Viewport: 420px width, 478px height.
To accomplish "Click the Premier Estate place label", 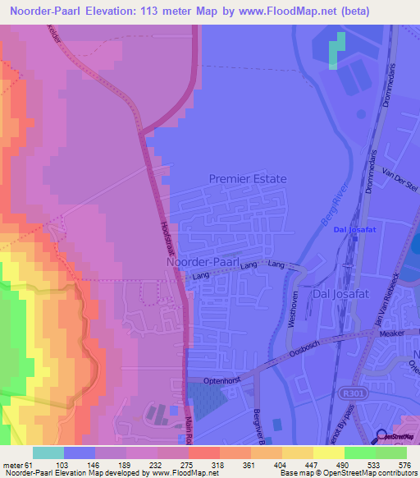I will coord(248,178).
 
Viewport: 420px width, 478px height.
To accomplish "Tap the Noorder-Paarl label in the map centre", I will coord(202,262).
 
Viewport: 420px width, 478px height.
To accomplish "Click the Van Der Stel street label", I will coord(395,177).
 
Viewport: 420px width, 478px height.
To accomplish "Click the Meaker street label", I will coord(392,333).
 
